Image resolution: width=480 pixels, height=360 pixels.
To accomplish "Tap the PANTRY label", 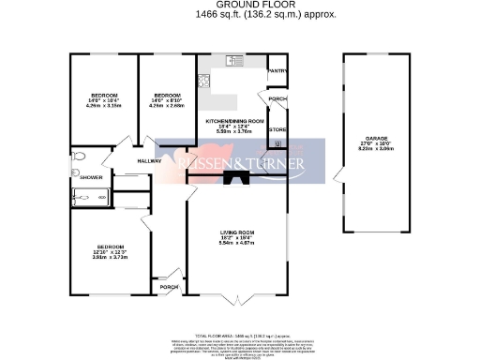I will (x=277, y=71).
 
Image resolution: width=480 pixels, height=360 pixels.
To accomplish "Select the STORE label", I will (x=277, y=129).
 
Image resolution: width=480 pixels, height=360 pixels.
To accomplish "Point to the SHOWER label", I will (x=91, y=177).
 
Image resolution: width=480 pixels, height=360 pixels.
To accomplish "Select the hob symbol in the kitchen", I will (x=203, y=80).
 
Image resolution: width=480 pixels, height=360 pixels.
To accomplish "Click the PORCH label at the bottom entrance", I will (x=169, y=287).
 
